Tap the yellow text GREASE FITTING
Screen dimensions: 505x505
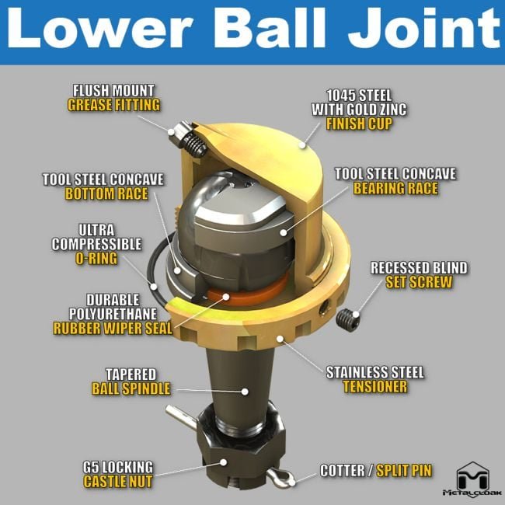tap(113, 106)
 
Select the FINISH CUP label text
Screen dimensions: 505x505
tap(359, 124)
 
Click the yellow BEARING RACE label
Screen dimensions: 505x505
tap(395, 189)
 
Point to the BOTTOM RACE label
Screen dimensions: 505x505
tap(106, 194)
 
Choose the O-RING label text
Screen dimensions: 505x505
tap(96, 259)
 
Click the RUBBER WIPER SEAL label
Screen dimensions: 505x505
tap(113, 329)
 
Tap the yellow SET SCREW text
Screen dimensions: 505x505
tap(419, 283)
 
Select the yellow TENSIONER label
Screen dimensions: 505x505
tap(375, 387)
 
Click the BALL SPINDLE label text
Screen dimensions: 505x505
tap(131, 388)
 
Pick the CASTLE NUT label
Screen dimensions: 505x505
tap(118, 482)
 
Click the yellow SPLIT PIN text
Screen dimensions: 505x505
tap(404, 471)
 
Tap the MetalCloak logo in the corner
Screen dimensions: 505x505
tap(472, 479)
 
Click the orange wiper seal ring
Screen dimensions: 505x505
tap(248, 291)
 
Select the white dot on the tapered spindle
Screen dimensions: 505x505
tap(245, 392)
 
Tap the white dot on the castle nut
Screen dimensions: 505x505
tap(223, 462)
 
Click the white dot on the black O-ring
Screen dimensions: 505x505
tap(154, 287)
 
